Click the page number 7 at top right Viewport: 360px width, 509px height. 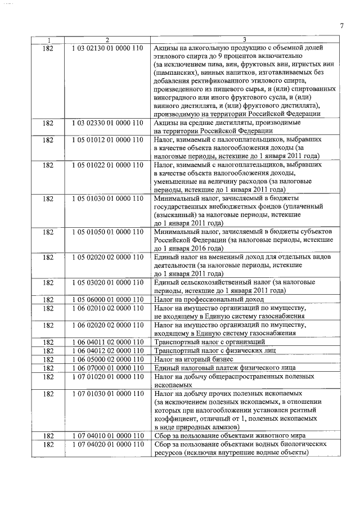click(x=341, y=25)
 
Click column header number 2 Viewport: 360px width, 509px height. click(x=107, y=39)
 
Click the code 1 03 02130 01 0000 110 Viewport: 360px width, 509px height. click(x=107, y=48)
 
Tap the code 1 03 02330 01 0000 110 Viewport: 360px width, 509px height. click(x=107, y=123)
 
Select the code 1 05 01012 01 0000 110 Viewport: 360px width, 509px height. click(x=107, y=139)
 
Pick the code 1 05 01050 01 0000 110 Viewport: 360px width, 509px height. click(x=107, y=232)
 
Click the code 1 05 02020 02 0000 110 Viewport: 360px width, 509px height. click(x=107, y=257)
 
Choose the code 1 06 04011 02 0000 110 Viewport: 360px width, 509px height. click(x=107, y=342)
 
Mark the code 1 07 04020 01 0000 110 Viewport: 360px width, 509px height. click(x=107, y=444)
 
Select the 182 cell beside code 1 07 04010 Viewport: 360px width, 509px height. click(x=48, y=436)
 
